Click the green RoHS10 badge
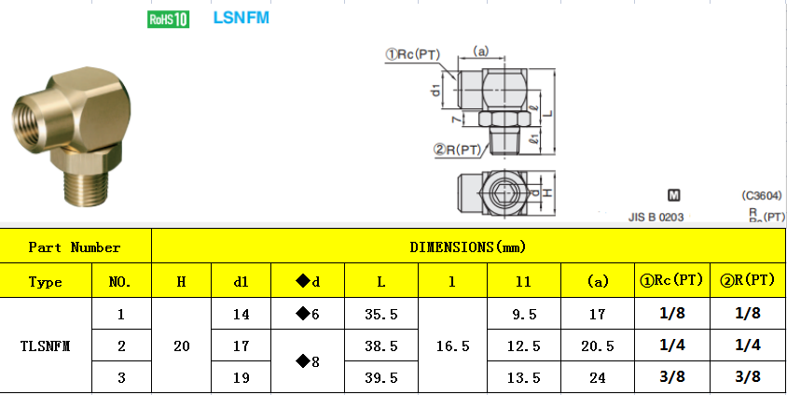(x=169, y=19)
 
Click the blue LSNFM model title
(x=241, y=18)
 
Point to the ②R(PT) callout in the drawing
(x=457, y=149)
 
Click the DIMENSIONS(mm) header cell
(x=467, y=247)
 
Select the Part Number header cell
(x=75, y=247)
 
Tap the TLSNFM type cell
(x=46, y=346)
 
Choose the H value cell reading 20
(x=181, y=346)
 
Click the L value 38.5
(x=381, y=346)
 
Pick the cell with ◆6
(x=307, y=315)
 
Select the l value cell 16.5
(x=452, y=346)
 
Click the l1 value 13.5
(x=523, y=376)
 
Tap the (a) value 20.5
(x=597, y=346)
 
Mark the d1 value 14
(x=240, y=315)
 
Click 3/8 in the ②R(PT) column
(x=746, y=376)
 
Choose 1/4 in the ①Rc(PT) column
(x=671, y=346)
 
